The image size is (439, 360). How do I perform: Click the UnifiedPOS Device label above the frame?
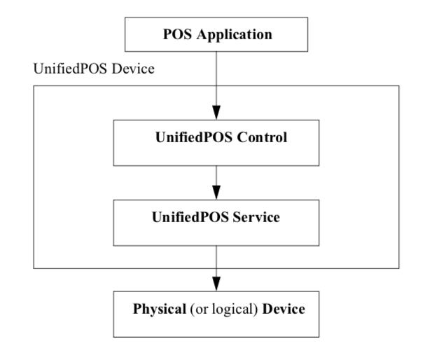pyautogui.click(x=81, y=71)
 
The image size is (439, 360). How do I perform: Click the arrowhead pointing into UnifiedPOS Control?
pyautogui.click(x=216, y=112)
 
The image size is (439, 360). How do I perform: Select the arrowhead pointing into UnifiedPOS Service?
pyautogui.click(x=216, y=192)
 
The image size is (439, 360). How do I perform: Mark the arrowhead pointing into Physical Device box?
pyautogui.click(x=216, y=283)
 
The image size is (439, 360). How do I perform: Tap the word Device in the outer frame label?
pyautogui.click(x=113, y=71)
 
